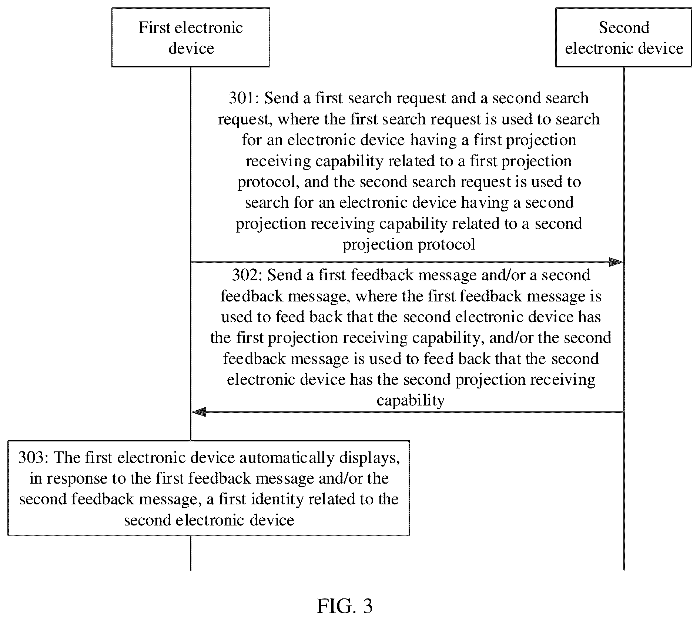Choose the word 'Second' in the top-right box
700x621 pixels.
pos(624,28)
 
